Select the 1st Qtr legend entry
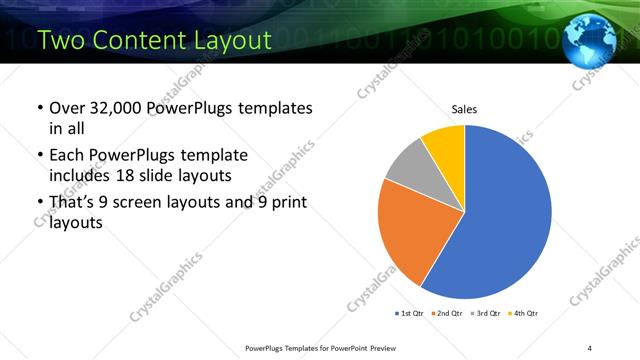click(x=408, y=313)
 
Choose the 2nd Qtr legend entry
click(x=446, y=313)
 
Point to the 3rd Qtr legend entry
click(x=485, y=313)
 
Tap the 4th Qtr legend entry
click(x=523, y=313)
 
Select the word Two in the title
click(x=61, y=41)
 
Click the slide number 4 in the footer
click(x=590, y=347)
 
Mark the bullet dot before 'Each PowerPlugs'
click(x=39, y=157)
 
